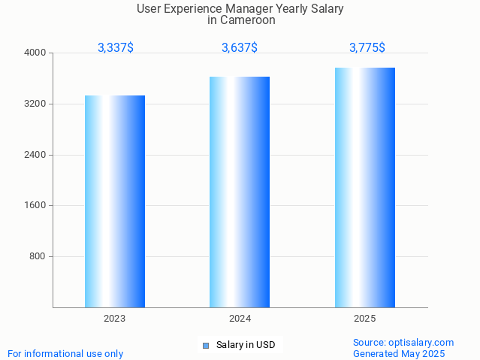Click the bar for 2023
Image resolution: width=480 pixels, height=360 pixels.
[x=115, y=201]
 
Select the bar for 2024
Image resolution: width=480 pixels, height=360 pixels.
[x=240, y=192]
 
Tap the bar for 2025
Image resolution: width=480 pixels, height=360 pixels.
[x=365, y=187]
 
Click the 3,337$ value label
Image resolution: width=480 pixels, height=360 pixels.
[x=116, y=48]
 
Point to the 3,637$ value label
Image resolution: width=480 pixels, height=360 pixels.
[x=240, y=48]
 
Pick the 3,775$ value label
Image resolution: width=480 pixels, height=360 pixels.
[x=367, y=48]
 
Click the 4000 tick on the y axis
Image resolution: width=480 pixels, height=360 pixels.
[x=36, y=53]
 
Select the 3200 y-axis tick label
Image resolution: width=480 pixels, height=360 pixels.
[x=36, y=104]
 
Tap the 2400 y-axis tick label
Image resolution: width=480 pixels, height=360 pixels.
[x=36, y=155]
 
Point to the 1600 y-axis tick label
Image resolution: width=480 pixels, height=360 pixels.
[x=36, y=206]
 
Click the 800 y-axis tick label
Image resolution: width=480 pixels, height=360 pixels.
[x=38, y=256]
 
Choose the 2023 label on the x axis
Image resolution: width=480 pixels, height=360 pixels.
[x=115, y=319]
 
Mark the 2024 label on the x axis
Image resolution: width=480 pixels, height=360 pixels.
[x=240, y=319]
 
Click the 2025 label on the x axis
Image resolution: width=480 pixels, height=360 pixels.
[x=365, y=319]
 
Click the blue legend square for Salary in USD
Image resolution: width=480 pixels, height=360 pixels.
[x=205, y=346]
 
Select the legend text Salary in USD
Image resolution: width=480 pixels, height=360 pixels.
[x=246, y=346]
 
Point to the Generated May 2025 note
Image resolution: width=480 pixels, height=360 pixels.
[x=399, y=353]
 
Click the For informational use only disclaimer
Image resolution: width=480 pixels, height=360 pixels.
[x=65, y=353]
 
